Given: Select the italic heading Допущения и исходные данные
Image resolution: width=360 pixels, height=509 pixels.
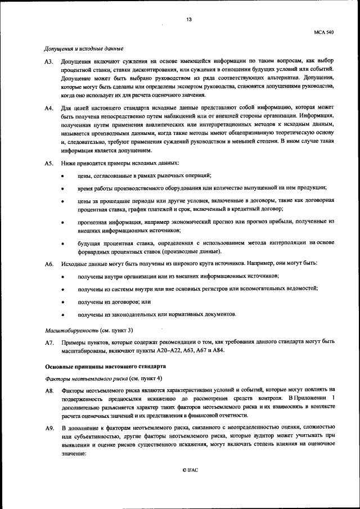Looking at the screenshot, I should [x=84, y=49].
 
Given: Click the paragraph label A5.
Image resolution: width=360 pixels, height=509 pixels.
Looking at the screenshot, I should [x=49, y=163].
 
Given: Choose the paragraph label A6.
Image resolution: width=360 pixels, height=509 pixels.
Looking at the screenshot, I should [x=49, y=263].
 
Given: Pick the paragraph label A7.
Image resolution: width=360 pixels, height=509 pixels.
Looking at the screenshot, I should [x=49, y=342].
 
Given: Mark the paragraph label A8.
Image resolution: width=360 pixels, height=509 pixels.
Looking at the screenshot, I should [x=49, y=390].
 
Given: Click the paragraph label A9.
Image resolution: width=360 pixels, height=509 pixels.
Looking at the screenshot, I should [x=49, y=429].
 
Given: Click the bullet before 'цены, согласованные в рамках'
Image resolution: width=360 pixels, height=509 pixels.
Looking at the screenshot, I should [x=62, y=177].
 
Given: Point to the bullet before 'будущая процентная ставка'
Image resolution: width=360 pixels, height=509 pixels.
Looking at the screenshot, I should [x=62, y=243].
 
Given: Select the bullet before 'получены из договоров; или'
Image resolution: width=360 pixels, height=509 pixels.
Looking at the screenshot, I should [x=62, y=302].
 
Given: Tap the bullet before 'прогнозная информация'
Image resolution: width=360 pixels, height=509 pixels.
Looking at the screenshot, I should [x=62, y=223].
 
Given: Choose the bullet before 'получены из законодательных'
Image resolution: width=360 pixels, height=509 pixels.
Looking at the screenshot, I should [x=62, y=314].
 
